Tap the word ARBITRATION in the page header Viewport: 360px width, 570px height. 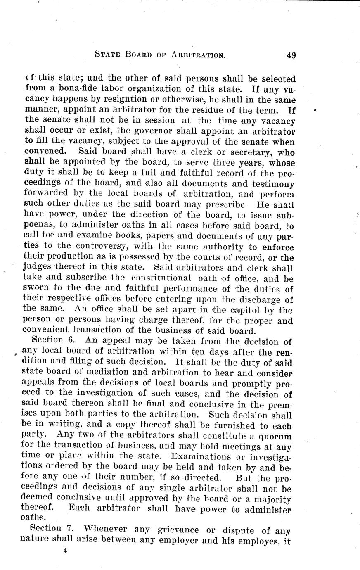197,54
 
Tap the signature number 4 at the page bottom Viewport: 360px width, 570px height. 65,551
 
